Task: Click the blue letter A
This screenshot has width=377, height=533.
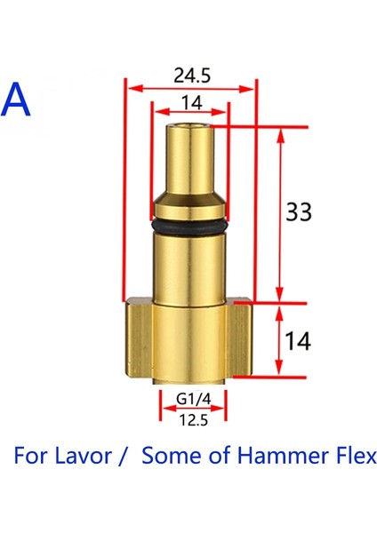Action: tap(18, 99)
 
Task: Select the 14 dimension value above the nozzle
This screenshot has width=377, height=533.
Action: tap(189, 102)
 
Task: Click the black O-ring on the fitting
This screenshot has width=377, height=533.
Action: tap(189, 227)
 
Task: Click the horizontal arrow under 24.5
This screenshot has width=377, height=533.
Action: tap(189, 87)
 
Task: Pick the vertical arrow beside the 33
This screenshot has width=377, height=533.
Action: tap(281, 213)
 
